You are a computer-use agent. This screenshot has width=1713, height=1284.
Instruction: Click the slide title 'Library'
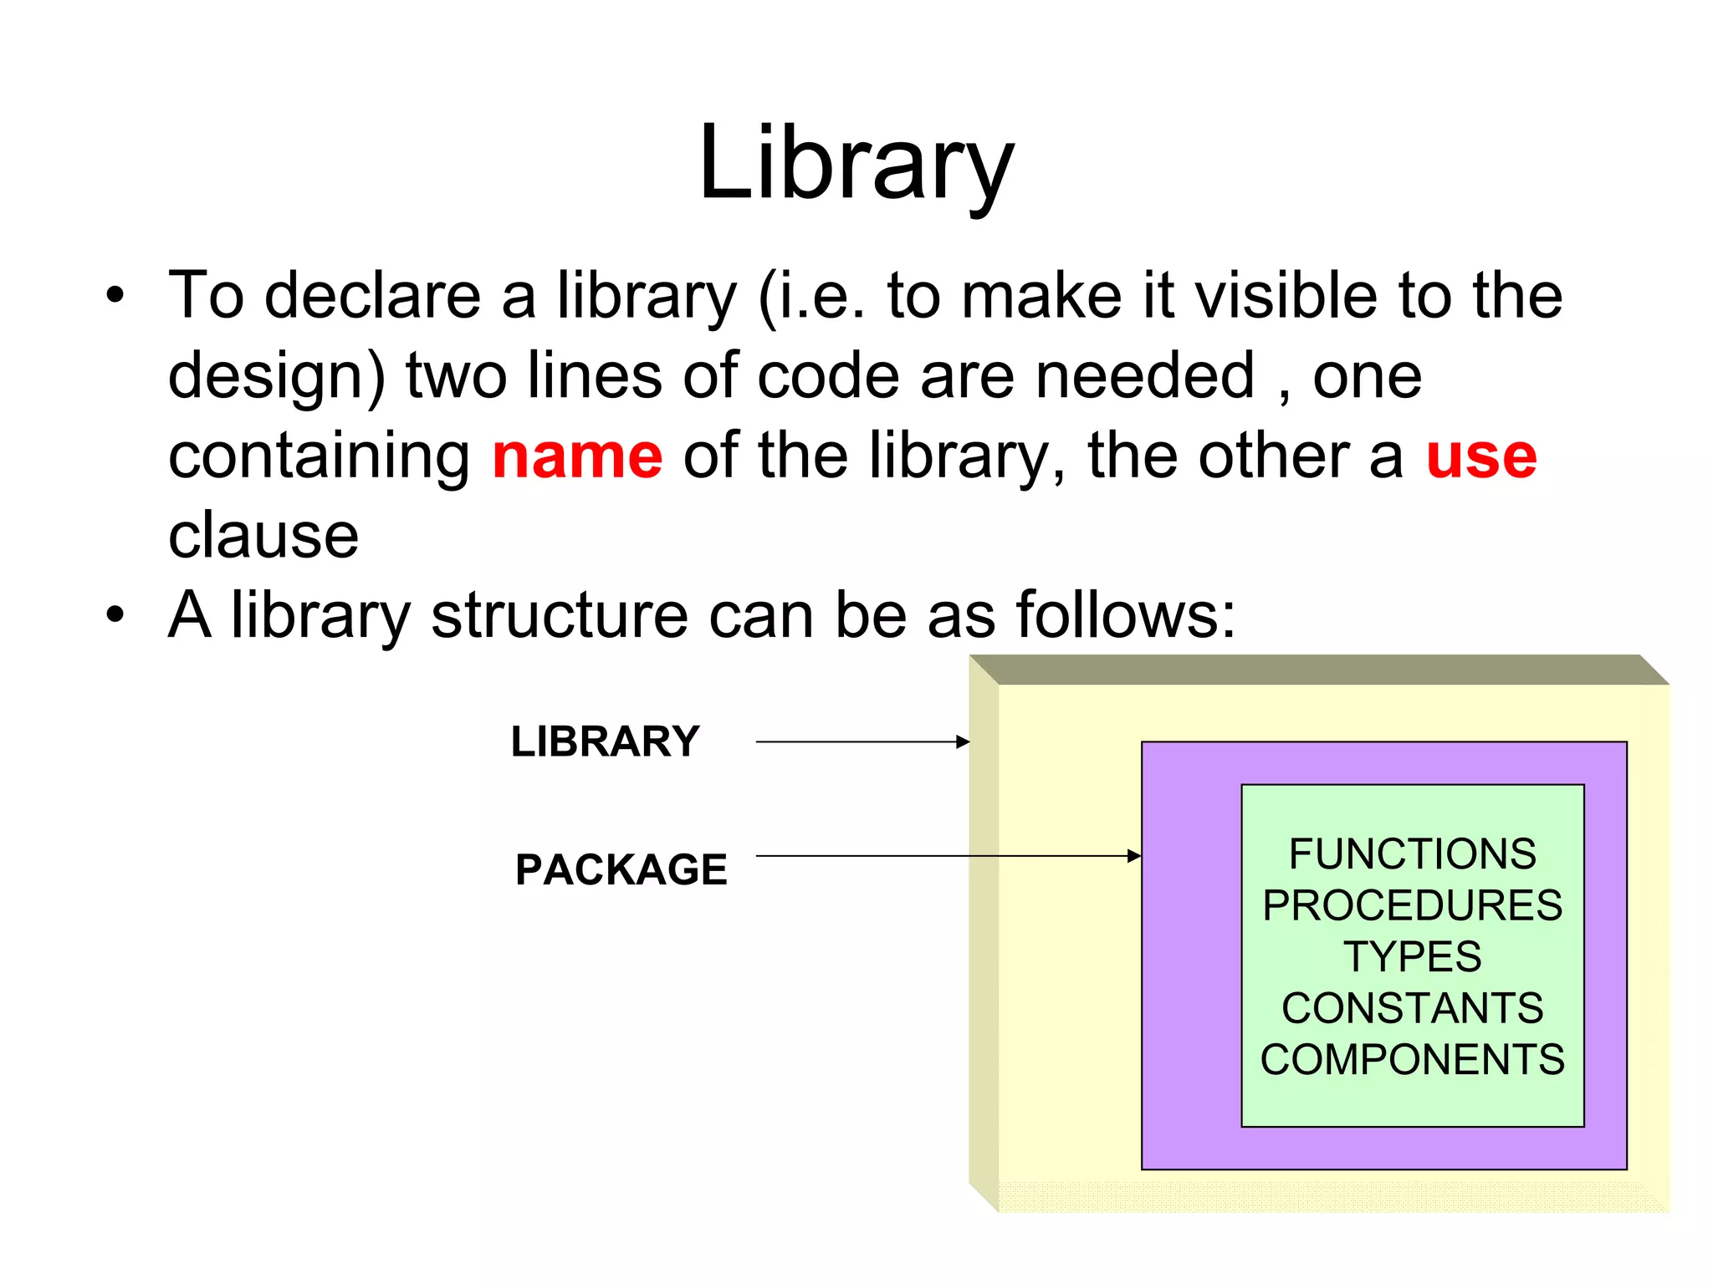click(x=856, y=164)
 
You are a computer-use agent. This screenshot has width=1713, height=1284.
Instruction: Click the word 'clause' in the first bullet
click(x=263, y=536)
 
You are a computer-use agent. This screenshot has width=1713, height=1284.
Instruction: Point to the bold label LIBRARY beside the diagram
click(x=605, y=741)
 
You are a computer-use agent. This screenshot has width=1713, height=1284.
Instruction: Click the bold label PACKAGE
click(x=621, y=869)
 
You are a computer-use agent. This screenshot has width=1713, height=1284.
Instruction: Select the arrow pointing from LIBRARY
click(x=862, y=741)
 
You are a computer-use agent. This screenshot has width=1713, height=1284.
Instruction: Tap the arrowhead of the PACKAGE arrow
click(x=1134, y=856)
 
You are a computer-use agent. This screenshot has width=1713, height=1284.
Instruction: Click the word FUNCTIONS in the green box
click(x=1412, y=854)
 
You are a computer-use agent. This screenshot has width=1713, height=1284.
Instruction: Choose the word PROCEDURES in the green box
click(x=1412, y=905)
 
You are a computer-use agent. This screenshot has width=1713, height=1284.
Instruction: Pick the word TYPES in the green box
click(x=1412, y=956)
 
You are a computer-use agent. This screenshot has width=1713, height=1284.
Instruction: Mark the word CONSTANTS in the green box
click(x=1412, y=1008)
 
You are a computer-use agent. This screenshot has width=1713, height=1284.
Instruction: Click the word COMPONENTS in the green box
click(x=1412, y=1059)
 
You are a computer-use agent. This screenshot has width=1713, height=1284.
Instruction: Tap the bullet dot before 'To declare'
click(x=115, y=296)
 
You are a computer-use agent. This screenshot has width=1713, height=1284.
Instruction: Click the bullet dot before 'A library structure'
click(x=115, y=616)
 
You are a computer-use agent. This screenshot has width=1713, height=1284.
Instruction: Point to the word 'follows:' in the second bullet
click(x=1125, y=616)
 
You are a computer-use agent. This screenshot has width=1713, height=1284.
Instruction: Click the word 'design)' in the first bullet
click(x=277, y=377)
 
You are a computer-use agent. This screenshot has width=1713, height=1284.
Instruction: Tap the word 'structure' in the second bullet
click(x=559, y=616)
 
